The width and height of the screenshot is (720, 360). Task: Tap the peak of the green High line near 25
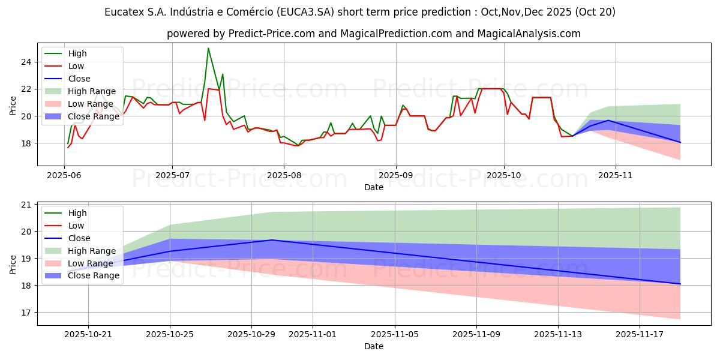pyautogui.click(x=208, y=48)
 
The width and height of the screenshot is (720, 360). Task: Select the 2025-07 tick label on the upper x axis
pyautogui.click(x=172, y=176)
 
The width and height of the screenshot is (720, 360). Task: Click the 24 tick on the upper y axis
pyautogui.click(x=25, y=62)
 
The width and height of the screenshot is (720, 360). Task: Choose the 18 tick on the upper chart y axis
pyautogui.click(x=25, y=143)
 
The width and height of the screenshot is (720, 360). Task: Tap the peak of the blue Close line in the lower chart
pyautogui.click(x=272, y=240)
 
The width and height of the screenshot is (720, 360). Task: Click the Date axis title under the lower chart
pyautogui.click(x=373, y=347)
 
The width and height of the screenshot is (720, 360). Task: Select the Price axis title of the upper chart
pyautogui.click(x=13, y=105)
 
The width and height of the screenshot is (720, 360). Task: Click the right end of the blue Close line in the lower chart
pyautogui.click(x=680, y=284)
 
